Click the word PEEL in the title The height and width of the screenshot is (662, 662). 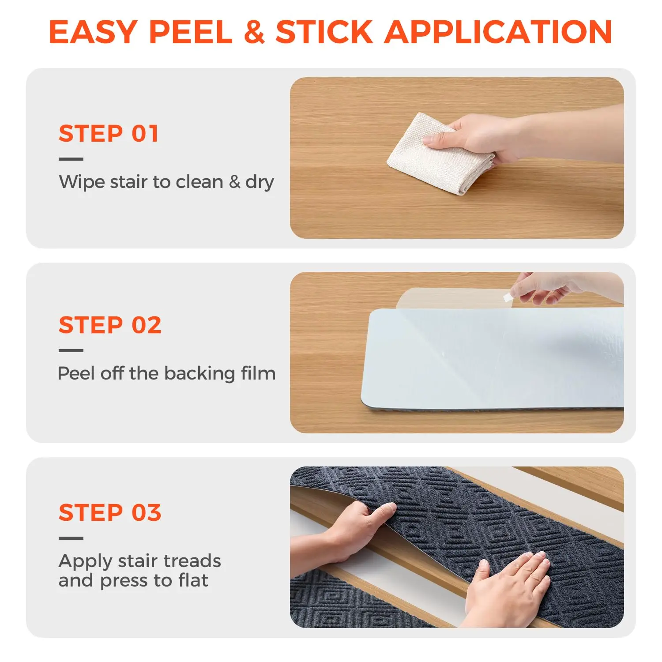point(191,32)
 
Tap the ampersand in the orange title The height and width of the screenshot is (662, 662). point(254,32)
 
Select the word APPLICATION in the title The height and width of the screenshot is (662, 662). point(498,32)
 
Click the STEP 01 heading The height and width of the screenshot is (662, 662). point(109,134)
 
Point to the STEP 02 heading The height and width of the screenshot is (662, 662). point(110,325)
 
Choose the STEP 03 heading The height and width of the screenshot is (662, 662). point(110,513)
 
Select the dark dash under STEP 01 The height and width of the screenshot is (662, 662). point(71,159)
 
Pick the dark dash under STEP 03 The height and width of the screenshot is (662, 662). point(71,538)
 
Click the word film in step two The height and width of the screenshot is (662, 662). point(258,373)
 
